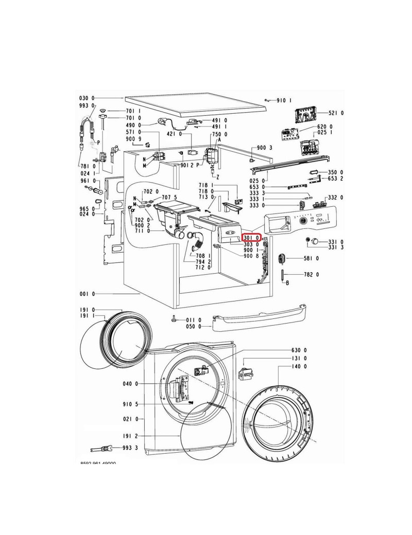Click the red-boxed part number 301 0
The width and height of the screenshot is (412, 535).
pos(252,237)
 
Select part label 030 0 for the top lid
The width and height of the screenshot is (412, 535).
pos(87,98)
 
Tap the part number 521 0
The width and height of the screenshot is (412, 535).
pos(337,113)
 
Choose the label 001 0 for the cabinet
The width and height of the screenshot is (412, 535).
pos(87,294)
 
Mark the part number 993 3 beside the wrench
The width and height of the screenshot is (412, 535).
pos(130,449)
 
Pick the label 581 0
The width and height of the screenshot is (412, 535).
pos(310,258)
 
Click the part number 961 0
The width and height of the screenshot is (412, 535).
pos(87,181)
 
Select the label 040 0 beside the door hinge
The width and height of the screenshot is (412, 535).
pos(130,384)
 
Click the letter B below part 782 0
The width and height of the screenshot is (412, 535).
pos(287,283)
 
